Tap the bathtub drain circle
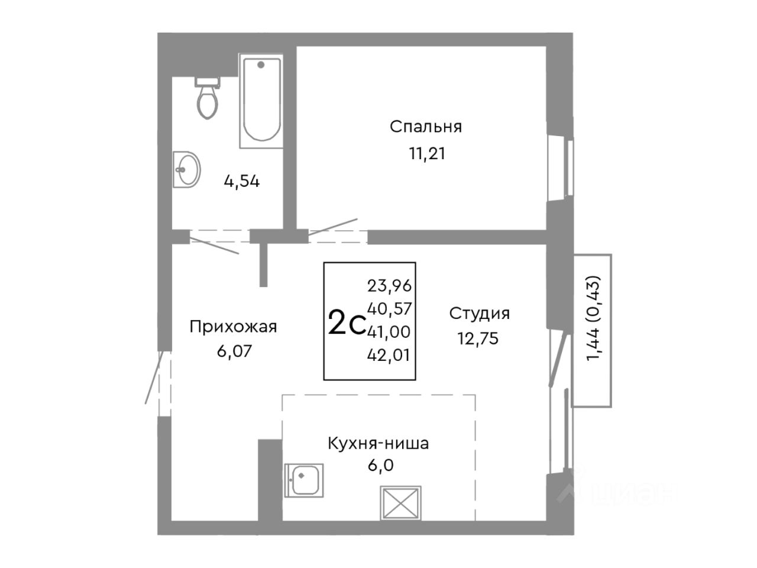pyautogui.click(x=261, y=64)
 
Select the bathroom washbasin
pyautogui.click(x=186, y=170)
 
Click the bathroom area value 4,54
pyautogui.click(x=242, y=181)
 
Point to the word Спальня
pyautogui.click(x=426, y=127)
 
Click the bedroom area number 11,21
pyautogui.click(x=427, y=153)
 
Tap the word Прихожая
pyautogui.click(x=233, y=327)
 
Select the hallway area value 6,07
pyautogui.click(x=235, y=351)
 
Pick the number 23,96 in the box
pyautogui.click(x=389, y=286)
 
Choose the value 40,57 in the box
pyautogui.click(x=389, y=309)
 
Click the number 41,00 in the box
pyautogui.click(x=389, y=332)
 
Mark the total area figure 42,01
pyautogui.click(x=389, y=355)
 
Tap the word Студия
pyautogui.click(x=480, y=314)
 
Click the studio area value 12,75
pyautogui.click(x=478, y=338)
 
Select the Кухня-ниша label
pyautogui.click(x=378, y=444)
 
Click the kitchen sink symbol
pyautogui.click(x=304, y=480)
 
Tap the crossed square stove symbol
pyautogui.click(x=401, y=503)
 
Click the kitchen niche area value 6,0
pyautogui.click(x=380, y=466)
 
